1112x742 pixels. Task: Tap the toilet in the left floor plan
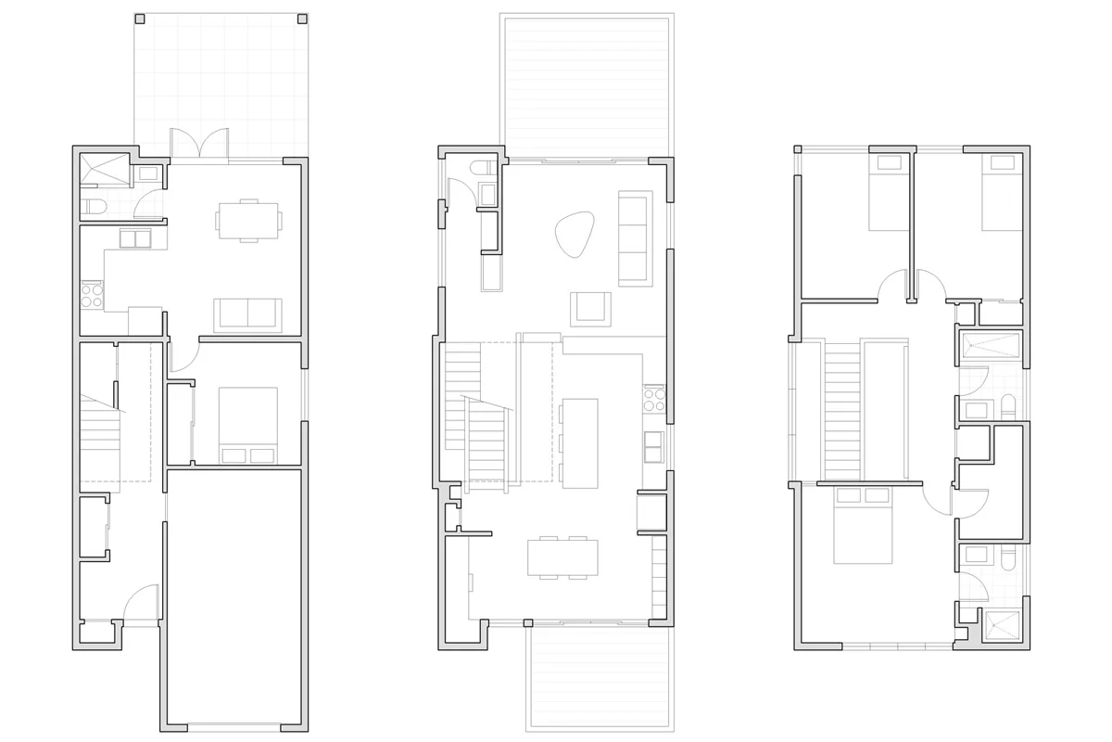92,206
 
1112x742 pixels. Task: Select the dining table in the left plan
248,220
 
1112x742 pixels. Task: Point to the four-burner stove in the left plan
92,295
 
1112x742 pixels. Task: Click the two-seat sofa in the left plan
247,315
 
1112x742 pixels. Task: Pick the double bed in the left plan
248,425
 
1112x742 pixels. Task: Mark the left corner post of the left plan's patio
139,18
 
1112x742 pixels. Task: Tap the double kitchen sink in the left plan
135,239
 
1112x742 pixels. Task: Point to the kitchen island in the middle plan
579,442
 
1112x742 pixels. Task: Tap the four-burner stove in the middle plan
654,399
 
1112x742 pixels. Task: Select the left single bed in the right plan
891,191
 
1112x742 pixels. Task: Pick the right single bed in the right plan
1002,191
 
